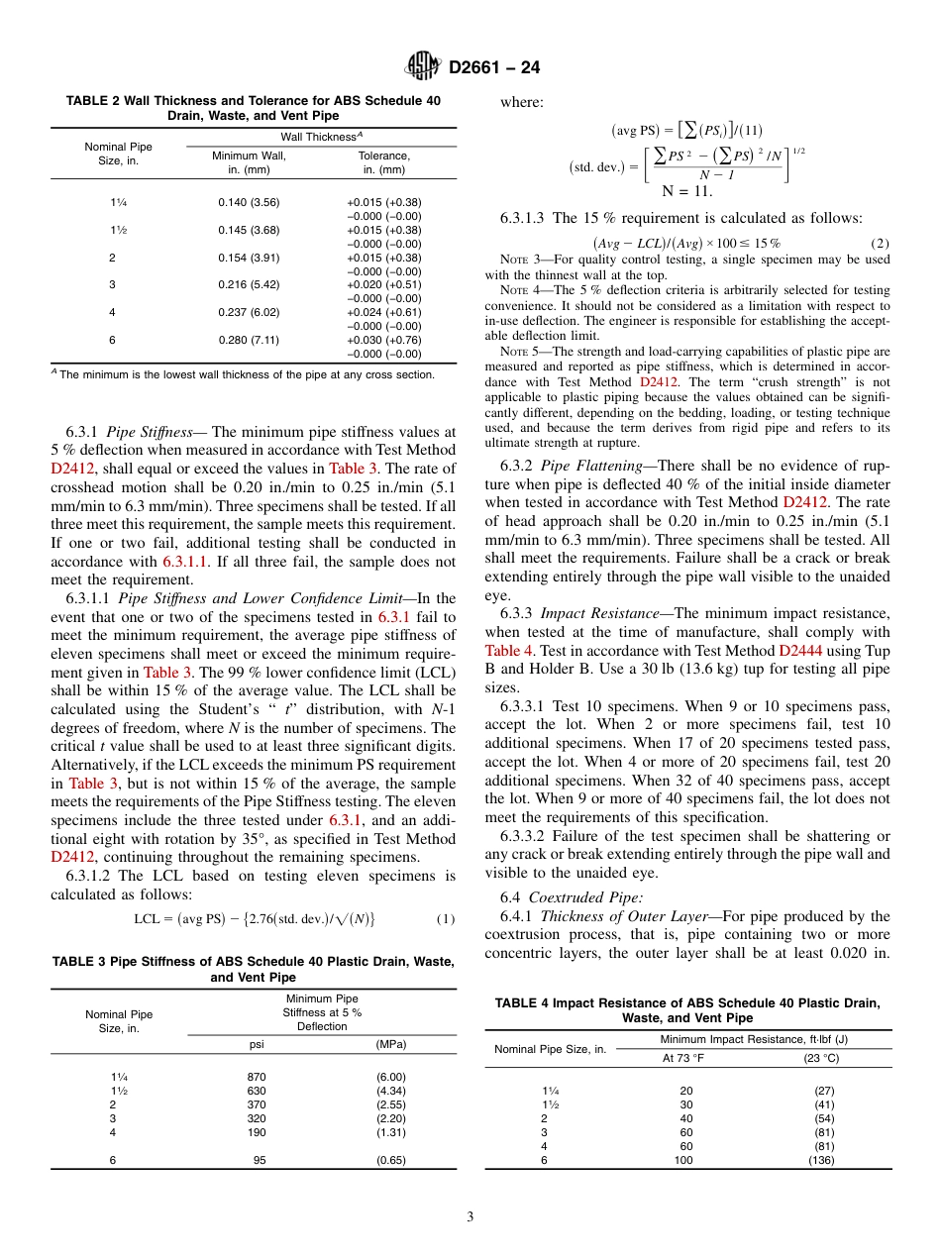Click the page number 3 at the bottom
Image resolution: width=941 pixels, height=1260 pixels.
[470, 1216]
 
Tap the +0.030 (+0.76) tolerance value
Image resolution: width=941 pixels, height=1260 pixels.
[383, 339]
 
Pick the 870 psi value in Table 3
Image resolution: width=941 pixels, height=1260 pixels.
[256, 1077]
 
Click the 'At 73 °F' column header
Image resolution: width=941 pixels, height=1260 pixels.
[683, 1057]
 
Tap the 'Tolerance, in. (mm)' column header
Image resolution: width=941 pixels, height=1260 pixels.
[383, 162]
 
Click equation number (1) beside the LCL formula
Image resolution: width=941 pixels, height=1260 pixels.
[446, 919]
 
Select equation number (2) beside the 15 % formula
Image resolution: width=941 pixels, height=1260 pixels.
[880, 244]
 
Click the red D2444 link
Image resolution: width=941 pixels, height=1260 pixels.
[799, 651]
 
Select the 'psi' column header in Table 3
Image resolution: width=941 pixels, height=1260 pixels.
[256, 1044]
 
